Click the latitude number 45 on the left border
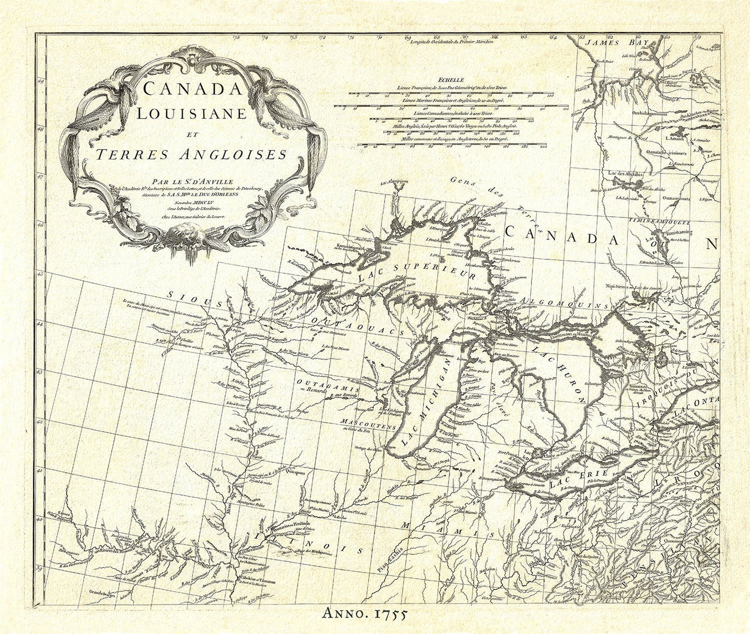click(x=40, y=273)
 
